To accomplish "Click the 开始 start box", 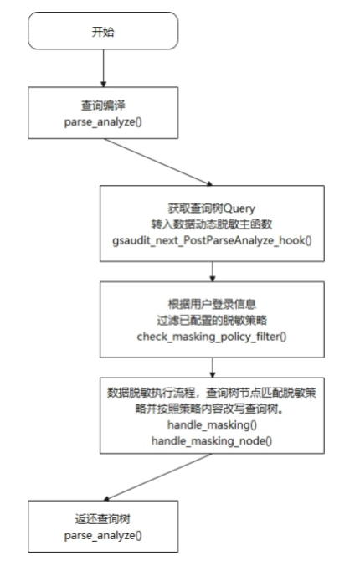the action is [x=103, y=31].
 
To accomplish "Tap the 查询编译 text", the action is [x=103, y=105].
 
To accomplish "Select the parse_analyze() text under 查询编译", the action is [x=103, y=122].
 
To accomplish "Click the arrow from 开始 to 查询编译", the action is [x=103, y=68].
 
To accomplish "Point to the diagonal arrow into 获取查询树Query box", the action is [x=158, y=162].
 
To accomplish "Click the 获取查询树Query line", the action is [x=212, y=208].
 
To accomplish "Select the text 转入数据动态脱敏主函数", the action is [x=212, y=224].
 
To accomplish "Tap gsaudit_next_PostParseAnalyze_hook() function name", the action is [x=212, y=240].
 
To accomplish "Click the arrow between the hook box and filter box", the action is [x=213, y=271].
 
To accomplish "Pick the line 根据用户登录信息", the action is [x=212, y=304].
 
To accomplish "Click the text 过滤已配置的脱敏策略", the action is [x=212, y=320].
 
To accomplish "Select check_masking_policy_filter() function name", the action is [x=212, y=337].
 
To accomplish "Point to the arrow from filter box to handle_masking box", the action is [x=213, y=368].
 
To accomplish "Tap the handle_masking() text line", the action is [x=212, y=424].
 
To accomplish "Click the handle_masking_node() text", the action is [x=212, y=440].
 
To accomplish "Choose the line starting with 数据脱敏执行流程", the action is [x=212, y=393].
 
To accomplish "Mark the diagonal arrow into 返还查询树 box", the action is [x=157, y=477].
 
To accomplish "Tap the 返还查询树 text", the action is [x=102, y=519].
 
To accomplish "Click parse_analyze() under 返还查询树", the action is [x=103, y=535].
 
